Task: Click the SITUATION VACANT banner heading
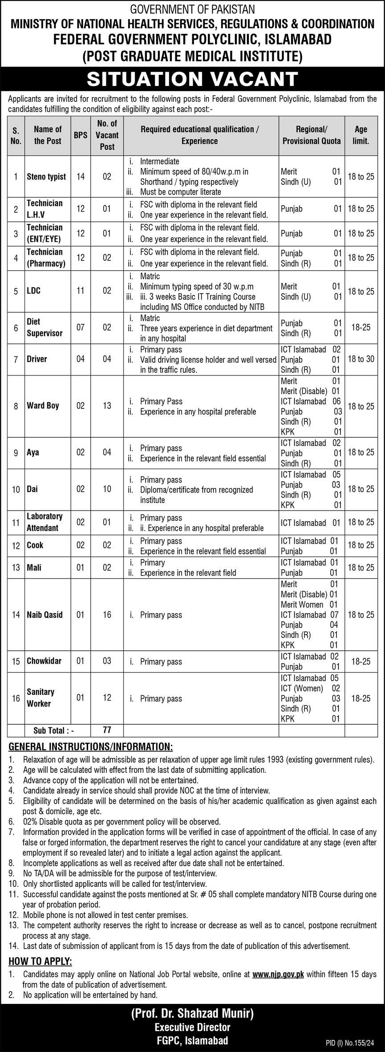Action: coord(192,79)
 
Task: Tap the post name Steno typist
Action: coord(46,177)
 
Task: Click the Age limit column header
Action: coord(361,135)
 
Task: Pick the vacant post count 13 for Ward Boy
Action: coord(107,406)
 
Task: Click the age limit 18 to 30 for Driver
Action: coord(361,359)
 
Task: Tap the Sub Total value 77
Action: coord(107,730)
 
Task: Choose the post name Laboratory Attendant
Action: coord(45,522)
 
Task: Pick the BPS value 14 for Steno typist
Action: coord(81,177)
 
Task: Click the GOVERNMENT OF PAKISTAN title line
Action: coord(192,9)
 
